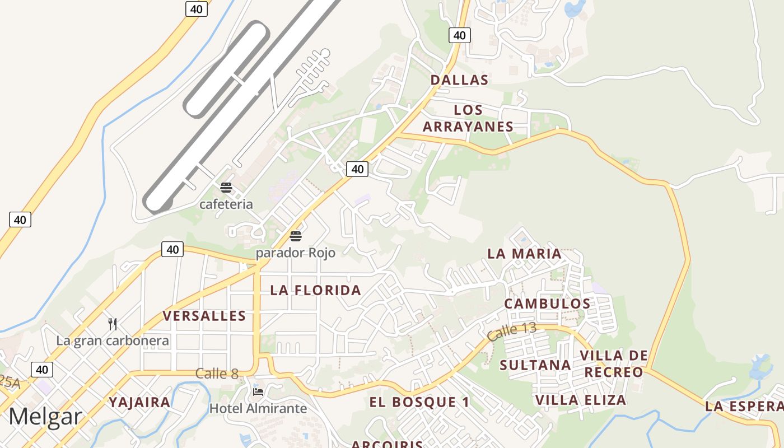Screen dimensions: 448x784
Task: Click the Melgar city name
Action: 45,417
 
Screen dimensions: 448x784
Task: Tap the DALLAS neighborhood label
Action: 459,80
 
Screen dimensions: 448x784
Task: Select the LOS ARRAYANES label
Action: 468,118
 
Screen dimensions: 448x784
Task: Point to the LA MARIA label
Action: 524,254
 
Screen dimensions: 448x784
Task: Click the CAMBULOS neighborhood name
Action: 547,304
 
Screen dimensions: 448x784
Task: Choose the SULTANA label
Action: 535,365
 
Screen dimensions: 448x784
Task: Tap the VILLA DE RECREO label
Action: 614,364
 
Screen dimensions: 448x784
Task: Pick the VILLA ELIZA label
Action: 581,400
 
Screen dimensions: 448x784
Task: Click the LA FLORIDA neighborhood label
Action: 316,290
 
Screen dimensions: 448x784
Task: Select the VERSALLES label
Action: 204,316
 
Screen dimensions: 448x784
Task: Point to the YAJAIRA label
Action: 139,402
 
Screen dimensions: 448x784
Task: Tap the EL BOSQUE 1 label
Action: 419,402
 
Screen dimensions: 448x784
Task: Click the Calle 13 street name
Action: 511,332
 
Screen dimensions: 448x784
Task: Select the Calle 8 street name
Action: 217,374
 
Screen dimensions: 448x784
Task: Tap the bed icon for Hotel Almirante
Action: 258,391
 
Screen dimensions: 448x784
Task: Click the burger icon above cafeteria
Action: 226,188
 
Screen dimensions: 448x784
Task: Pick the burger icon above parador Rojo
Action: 296,236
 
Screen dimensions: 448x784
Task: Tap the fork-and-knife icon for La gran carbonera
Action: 113,324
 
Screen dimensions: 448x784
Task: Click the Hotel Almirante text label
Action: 258,408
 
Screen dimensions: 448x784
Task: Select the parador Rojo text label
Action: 296,253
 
